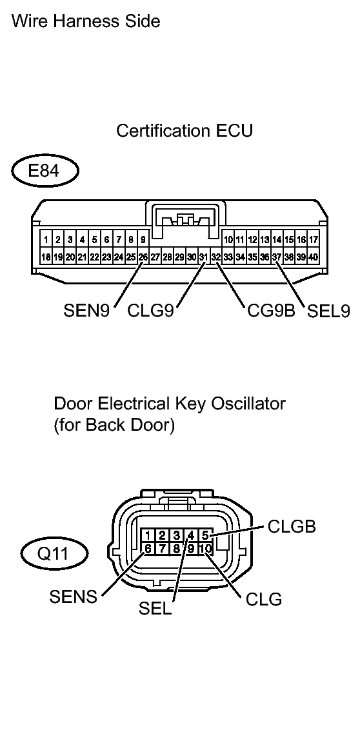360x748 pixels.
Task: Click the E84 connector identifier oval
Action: coord(45,173)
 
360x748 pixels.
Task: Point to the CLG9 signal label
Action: coord(151,312)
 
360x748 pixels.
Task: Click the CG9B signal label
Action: coord(271,312)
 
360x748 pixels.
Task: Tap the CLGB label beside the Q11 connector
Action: coord(292,527)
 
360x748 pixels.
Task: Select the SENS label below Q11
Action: coord(73,597)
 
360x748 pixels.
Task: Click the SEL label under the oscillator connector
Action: coord(155,609)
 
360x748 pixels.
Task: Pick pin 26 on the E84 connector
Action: coord(143,257)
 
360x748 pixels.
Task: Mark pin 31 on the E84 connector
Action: coord(203,257)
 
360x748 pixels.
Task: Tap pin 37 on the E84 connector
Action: coord(277,257)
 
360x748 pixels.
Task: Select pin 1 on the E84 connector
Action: coord(46,240)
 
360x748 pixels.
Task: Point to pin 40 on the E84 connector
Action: coord(314,257)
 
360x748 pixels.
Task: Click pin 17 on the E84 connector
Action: coord(314,240)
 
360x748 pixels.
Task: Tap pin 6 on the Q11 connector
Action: coord(148,549)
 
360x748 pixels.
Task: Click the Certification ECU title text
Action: coord(185,131)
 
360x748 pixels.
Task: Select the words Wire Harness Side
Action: coord(86,21)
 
